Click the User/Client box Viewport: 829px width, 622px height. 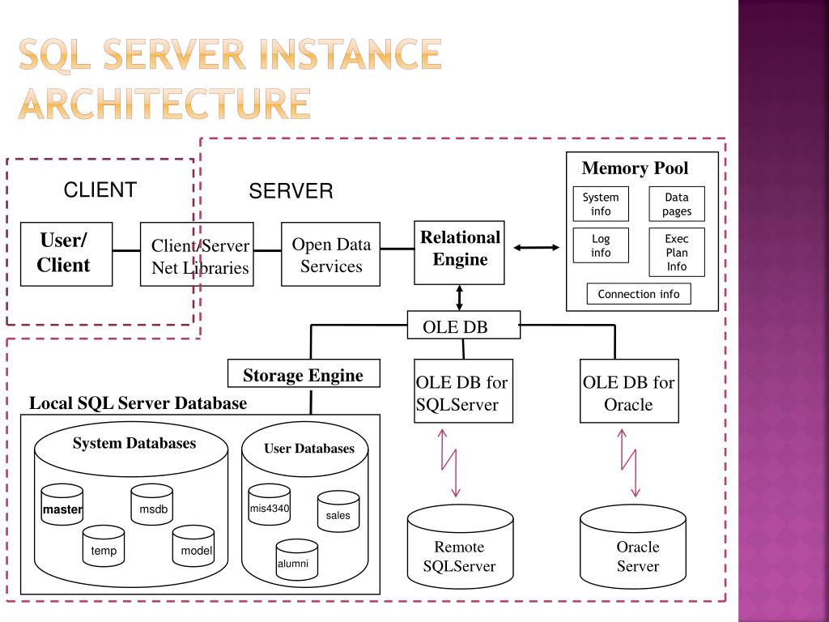tap(66, 253)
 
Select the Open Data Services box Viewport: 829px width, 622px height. tap(330, 253)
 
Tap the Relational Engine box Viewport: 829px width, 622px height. tap(459, 253)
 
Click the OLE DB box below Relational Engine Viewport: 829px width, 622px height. tap(464, 325)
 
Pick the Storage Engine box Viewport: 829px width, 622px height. tap(304, 373)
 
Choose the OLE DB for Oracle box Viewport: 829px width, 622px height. tap(629, 391)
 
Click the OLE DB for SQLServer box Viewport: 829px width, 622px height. tap(463, 391)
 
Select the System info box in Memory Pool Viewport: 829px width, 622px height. tap(601, 203)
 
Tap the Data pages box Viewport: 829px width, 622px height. tap(677, 203)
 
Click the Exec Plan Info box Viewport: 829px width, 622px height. tap(677, 253)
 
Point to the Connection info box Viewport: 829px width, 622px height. tap(639, 293)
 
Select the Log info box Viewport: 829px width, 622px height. tap(601, 245)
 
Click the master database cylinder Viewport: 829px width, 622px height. tap(62, 505)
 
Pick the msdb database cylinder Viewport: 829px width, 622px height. tap(151, 505)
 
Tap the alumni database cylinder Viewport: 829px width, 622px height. tap(296, 560)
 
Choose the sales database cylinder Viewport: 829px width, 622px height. tap(338, 511)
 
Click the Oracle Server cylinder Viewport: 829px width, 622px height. tap(633, 547)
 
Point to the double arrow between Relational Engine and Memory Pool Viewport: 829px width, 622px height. tap(536, 247)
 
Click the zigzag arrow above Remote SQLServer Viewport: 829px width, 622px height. tap(449, 463)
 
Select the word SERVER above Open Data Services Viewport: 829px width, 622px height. tap(291, 191)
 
